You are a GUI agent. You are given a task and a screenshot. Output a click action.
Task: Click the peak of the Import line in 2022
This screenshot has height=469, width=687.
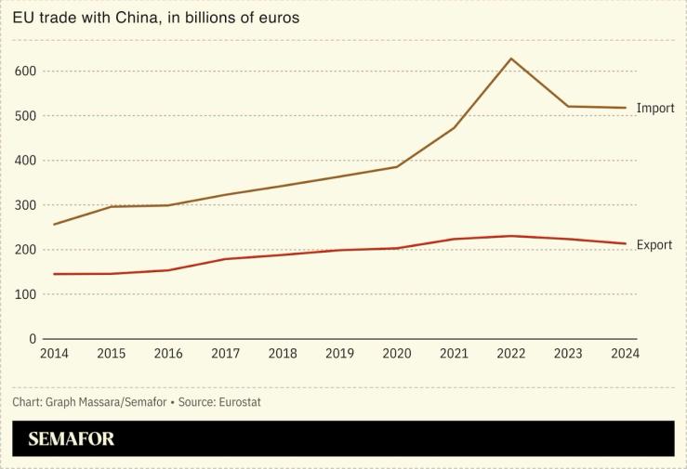[x=510, y=59]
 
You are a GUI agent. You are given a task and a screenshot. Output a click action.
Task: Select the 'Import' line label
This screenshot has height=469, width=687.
[x=654, y=109]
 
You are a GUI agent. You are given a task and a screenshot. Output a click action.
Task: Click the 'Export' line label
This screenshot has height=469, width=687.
[x=654, y=245]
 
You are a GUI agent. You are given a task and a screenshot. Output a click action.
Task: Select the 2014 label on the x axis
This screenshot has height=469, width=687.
[x=54, y=354]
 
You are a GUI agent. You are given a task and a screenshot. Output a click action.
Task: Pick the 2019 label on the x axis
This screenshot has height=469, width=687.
[x=339, y=354]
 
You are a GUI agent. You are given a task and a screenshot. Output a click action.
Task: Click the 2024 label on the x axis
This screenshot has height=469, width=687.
[x=625, y=354]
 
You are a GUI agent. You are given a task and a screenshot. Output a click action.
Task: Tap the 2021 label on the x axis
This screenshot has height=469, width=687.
[x=454, y=354]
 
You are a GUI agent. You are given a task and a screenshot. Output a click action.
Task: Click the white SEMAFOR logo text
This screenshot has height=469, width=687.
[x=72, y=439]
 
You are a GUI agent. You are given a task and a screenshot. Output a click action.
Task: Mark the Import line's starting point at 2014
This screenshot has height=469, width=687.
[x=54, y=225]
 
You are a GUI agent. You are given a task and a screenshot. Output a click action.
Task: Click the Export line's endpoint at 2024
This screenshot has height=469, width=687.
[x=625, y=243]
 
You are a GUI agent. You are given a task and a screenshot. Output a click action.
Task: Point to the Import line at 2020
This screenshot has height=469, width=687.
[x=397, y=167]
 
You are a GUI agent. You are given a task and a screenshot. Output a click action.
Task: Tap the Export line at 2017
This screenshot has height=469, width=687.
[x=225, y=259]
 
